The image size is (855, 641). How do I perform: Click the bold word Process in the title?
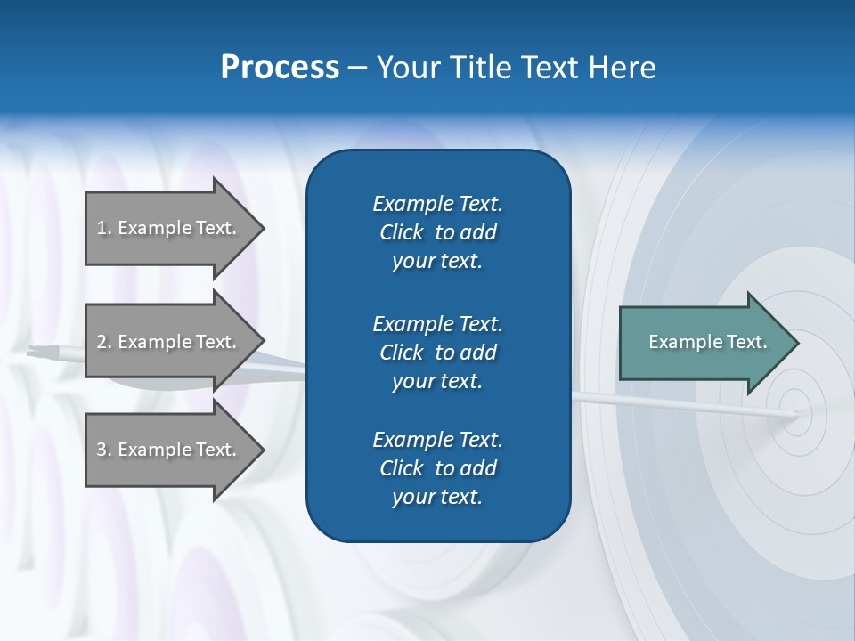[x=280, y=68]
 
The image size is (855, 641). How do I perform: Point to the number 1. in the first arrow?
[x=104, y=228]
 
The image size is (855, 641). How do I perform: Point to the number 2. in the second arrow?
[x=104, y=342]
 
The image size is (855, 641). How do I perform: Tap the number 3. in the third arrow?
[x=104, y=450]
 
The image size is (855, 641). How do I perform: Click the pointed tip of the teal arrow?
[x=794, y=343]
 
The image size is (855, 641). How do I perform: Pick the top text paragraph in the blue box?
[x=437, y=232]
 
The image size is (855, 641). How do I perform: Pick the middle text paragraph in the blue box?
[x=437, y=352]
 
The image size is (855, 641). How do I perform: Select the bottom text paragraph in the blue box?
[x=437, y=468]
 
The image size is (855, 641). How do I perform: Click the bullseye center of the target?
[x=795, y=414]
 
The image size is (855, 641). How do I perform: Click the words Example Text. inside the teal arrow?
[x=708, y=342]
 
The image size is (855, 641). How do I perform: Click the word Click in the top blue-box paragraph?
[x=401, y=232]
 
